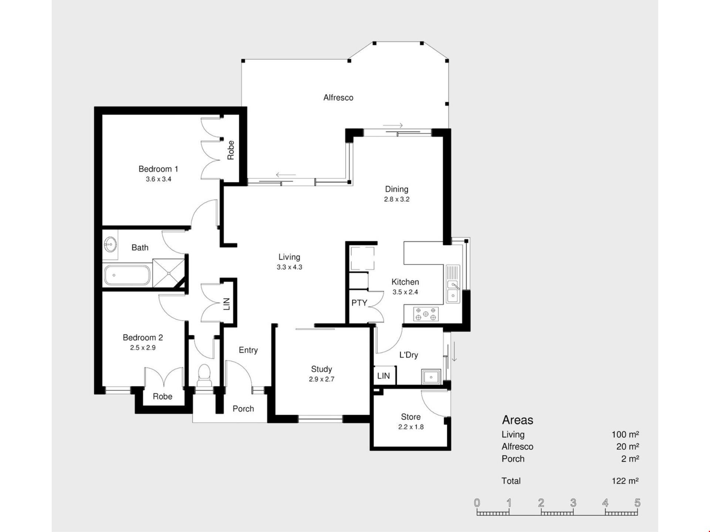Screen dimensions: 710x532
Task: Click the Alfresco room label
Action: coord(338,98)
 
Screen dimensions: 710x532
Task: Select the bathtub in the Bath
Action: coord(127,275)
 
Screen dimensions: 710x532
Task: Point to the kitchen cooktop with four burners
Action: coord(426,314)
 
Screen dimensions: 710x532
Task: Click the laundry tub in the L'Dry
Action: coord(431,377)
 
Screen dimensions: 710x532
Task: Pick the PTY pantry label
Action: coord(359,303)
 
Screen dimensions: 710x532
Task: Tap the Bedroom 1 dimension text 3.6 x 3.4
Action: coord(158,179)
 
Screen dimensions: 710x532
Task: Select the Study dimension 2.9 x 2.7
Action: coord(322,379)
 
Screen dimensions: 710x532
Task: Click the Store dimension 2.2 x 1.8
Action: coord(411,427)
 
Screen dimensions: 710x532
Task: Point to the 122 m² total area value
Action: coord(625,481)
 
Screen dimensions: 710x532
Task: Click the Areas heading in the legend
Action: coord(517,420)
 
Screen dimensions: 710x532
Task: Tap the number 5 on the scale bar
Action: coord(637,502)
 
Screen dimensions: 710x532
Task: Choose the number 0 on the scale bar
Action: coord(477,502)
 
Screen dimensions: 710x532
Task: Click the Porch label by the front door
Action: coord(243,409)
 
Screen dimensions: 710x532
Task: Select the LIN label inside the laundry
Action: coord(383,376)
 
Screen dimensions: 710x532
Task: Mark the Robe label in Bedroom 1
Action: coord(230,150)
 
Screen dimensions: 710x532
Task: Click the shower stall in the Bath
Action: coord(169,273)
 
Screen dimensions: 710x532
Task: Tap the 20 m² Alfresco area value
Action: coord(628,446)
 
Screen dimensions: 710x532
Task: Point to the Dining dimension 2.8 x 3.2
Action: coord(397,199)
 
